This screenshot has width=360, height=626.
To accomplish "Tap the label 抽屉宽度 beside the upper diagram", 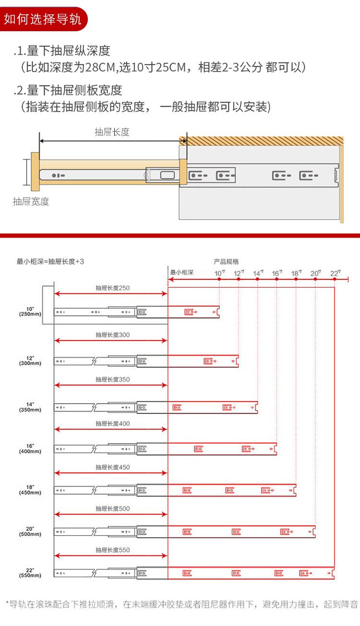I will click(31, 202).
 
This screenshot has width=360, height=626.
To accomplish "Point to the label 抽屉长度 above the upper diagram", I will click(112, 132).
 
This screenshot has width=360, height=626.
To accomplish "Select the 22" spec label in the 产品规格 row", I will click(335, 273).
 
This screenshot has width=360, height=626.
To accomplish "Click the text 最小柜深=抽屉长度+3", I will click(50, 262).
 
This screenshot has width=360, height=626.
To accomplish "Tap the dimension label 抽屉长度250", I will click(112, 288).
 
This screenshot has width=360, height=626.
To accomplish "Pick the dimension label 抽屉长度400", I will click(112, 424).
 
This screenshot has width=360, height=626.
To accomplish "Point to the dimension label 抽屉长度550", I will click(112, 550).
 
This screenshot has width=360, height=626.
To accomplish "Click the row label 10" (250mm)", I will click(30, 311).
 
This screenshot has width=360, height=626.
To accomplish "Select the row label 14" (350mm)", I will click(30, 407).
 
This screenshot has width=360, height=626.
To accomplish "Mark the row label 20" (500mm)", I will click(30, 531).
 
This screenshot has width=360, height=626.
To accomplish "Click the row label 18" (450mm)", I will click(30, 490).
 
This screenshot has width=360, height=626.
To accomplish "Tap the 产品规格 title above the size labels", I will click(226, 262).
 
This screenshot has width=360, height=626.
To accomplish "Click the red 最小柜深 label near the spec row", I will click(181, 273).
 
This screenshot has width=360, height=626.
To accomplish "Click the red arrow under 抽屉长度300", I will click(111, 340).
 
